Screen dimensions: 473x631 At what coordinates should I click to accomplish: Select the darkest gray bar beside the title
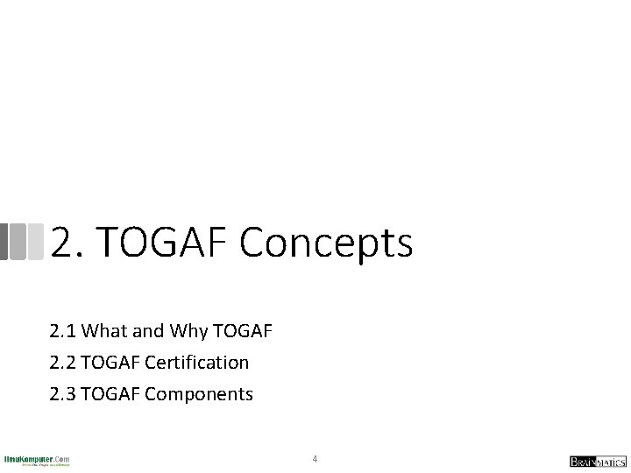coord(4,242)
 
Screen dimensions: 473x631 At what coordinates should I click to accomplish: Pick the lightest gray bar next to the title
coord(36,242)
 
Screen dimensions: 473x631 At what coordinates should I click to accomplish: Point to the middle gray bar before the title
coord(18,242)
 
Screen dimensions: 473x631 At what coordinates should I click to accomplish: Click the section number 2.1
coord(63,331)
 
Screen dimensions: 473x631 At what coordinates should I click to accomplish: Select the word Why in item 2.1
coord(188,331)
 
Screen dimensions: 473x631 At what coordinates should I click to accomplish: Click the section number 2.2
coord(63,363)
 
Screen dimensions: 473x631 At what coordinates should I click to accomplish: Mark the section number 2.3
coord(63,394)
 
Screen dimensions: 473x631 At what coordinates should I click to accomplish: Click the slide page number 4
coord(315,458)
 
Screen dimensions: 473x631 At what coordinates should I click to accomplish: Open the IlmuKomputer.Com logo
coord(37,460)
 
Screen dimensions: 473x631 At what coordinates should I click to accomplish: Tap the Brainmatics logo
coord(598,461)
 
